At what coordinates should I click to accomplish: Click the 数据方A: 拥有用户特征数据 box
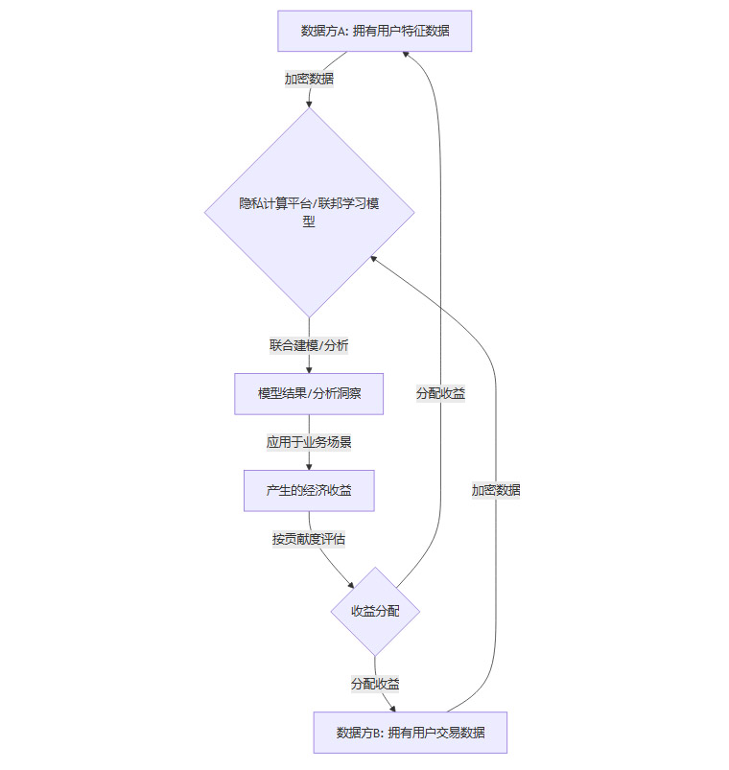(374, 31)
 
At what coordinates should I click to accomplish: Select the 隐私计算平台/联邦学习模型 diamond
(309, 211)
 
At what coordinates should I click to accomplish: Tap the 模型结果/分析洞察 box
(309, 393)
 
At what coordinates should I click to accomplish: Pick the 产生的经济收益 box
(309, 491)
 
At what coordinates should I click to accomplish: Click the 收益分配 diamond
(375, 611)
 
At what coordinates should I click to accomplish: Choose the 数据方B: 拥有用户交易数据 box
(411, 733)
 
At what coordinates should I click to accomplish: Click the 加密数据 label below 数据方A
(309, 79)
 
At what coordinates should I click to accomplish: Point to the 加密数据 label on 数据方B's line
(496, 490)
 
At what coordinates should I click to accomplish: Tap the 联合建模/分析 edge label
(309, 344)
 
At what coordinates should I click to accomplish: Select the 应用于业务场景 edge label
(309, 442)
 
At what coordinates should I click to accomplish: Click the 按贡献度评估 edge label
(309, 539)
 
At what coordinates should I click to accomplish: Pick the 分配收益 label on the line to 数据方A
(440, 393)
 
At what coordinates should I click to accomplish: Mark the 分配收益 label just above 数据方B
(375, 684)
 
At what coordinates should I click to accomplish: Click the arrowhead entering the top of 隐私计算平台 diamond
(309, 103)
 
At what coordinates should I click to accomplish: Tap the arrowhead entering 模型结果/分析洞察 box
(309, 369)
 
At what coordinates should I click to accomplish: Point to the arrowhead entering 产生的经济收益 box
(309, 466)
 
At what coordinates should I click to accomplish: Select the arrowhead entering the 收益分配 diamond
(350, 584)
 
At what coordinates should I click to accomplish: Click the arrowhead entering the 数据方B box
(392, 708)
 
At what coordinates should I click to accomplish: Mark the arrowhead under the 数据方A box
(408, 56)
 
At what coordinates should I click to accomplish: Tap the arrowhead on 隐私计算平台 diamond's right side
(375, 258)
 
